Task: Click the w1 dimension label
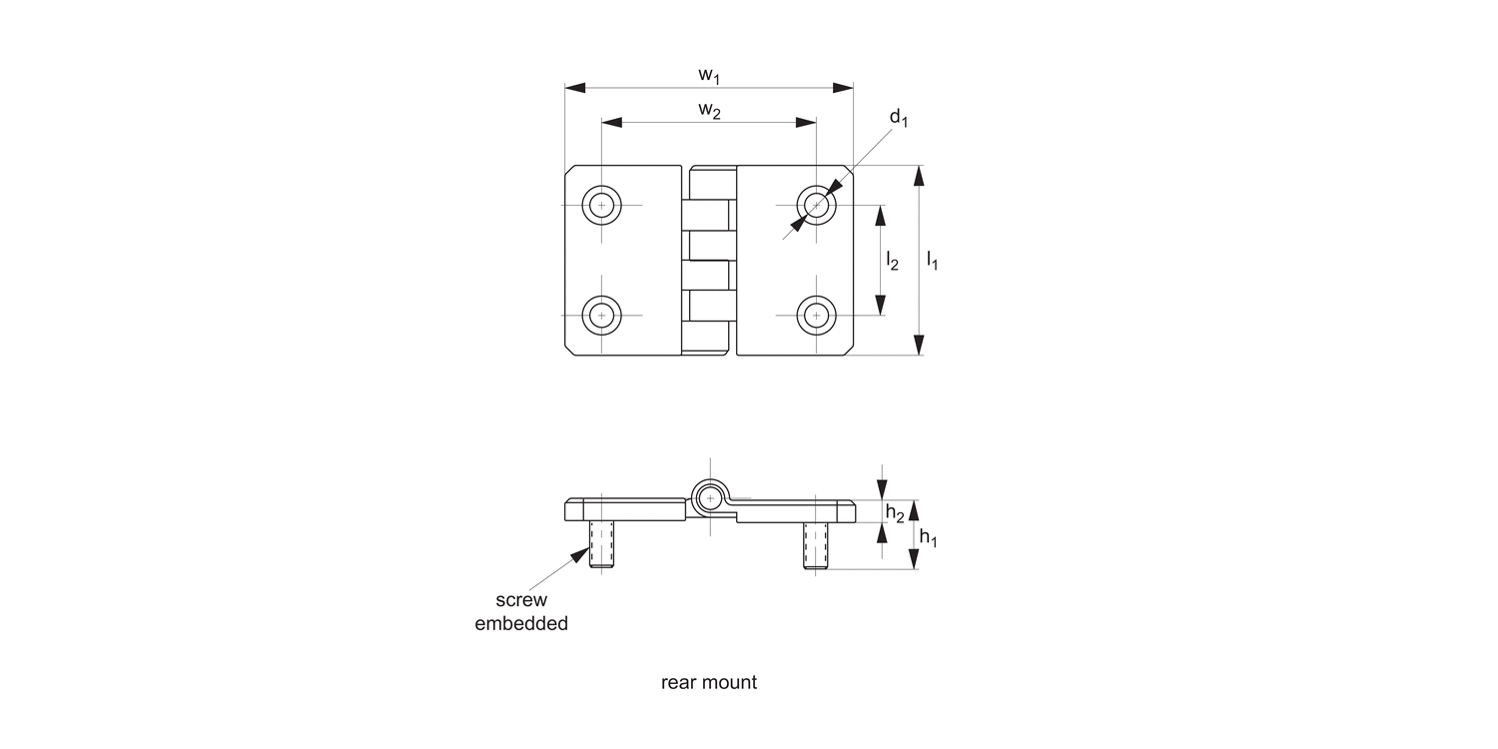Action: (709, 75)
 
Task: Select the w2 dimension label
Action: (709, 110)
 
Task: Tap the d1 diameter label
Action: (899, 119)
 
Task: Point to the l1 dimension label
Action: (932, 262)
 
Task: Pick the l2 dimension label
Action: (892, 262)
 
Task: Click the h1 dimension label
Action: (928, 538)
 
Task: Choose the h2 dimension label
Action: (896, 514)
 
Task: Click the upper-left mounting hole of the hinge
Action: (601, 206)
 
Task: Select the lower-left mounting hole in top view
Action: (601, 316)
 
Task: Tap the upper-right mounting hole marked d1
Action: (817, 206)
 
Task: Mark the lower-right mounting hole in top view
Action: (817, 316)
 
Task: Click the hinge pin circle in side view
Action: (710, 496)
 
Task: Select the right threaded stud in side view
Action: (817, 546)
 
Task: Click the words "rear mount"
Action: (709, 683)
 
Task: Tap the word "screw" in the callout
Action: (521, 600)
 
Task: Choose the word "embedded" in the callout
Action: (521, 624)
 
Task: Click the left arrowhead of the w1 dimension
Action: (574, 88)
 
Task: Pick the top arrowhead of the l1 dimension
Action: (919, 176)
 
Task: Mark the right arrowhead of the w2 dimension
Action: (807, 122)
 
